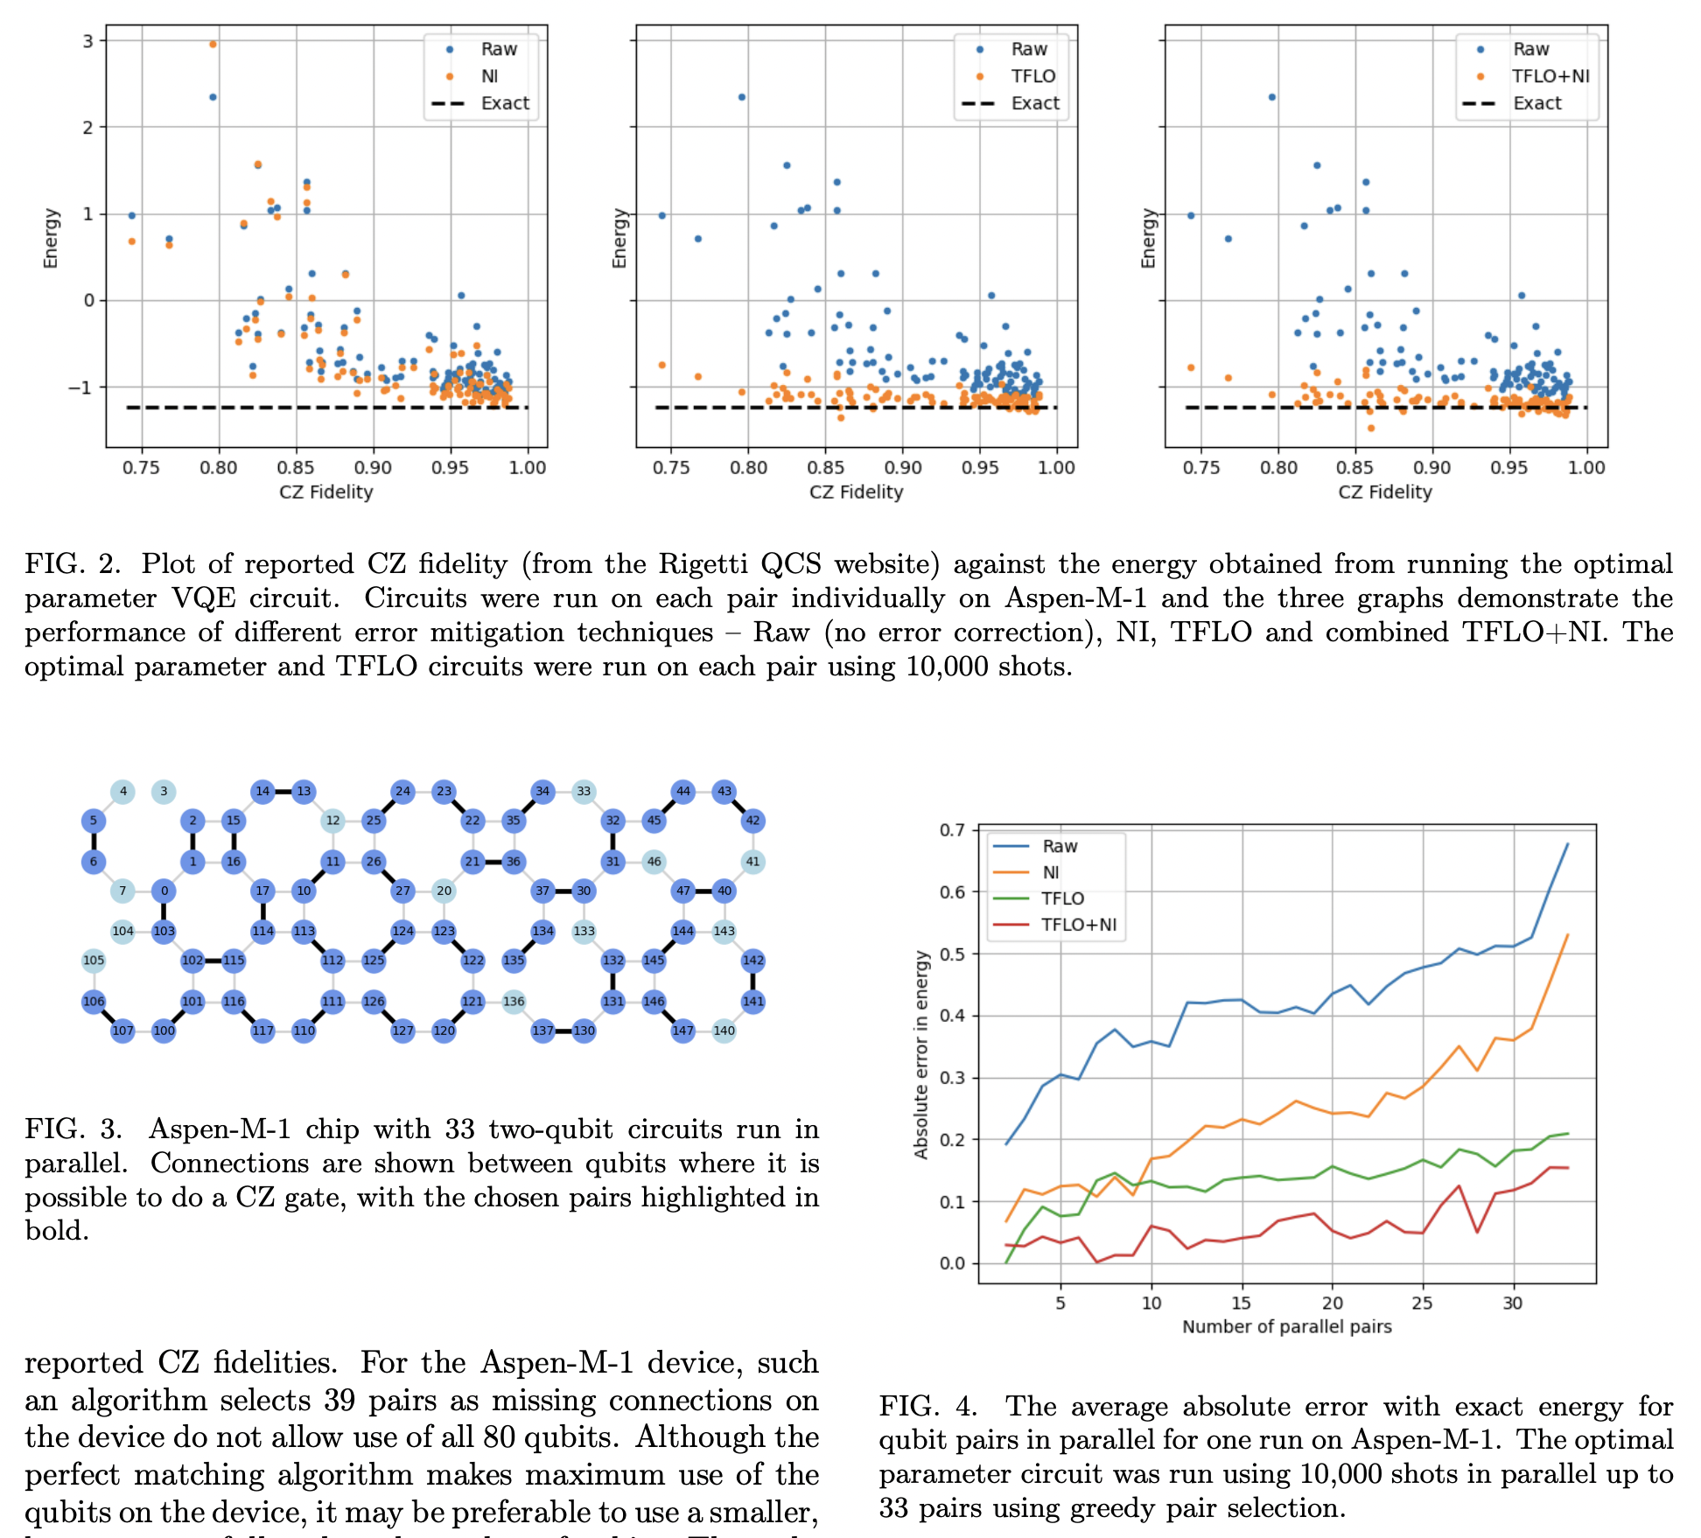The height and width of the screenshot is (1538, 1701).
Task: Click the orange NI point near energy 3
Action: (x=213, y=44)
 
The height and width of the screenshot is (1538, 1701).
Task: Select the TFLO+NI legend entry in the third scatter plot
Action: (x=1550, y=76)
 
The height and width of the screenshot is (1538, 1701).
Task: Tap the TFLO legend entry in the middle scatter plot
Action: (x=1032, y=76)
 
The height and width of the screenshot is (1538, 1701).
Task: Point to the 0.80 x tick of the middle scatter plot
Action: (x=748, y=468)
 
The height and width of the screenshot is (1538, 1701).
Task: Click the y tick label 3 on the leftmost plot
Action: (x=88, y=41)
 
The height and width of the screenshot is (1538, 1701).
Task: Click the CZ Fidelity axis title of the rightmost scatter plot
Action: (x=1384, y=492)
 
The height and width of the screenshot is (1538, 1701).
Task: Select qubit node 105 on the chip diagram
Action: (x=94, y=960)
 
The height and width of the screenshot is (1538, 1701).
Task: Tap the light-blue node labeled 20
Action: (x=444, y=891)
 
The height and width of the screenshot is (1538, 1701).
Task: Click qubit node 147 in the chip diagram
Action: (x=682, y=1031)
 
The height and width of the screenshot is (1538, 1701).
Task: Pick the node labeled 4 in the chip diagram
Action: (x=123, y=792)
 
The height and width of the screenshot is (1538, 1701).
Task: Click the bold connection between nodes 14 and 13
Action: (x=283, y=792)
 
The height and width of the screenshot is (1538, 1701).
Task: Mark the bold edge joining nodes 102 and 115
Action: (x=213, y=960)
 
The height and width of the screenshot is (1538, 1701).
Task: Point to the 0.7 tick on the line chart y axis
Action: (x=952, y=830)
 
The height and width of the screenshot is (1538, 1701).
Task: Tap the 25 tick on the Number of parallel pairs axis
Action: (x=1422, y=1304)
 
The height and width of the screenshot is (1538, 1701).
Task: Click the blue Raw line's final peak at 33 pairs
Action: (x=1566, y=844)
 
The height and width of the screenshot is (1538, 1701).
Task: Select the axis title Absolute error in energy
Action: (x=920, y=1054)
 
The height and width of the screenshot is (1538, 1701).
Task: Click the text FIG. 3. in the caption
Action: (x=73, y=1129)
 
